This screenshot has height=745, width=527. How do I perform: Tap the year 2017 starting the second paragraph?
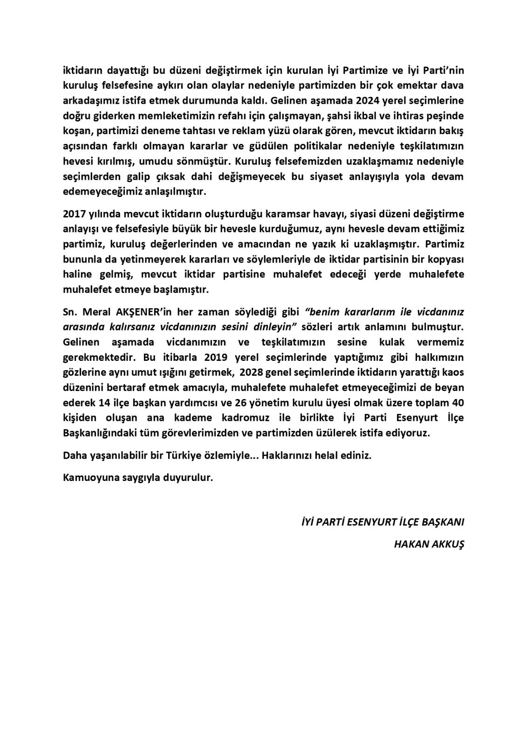coord(73,214)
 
